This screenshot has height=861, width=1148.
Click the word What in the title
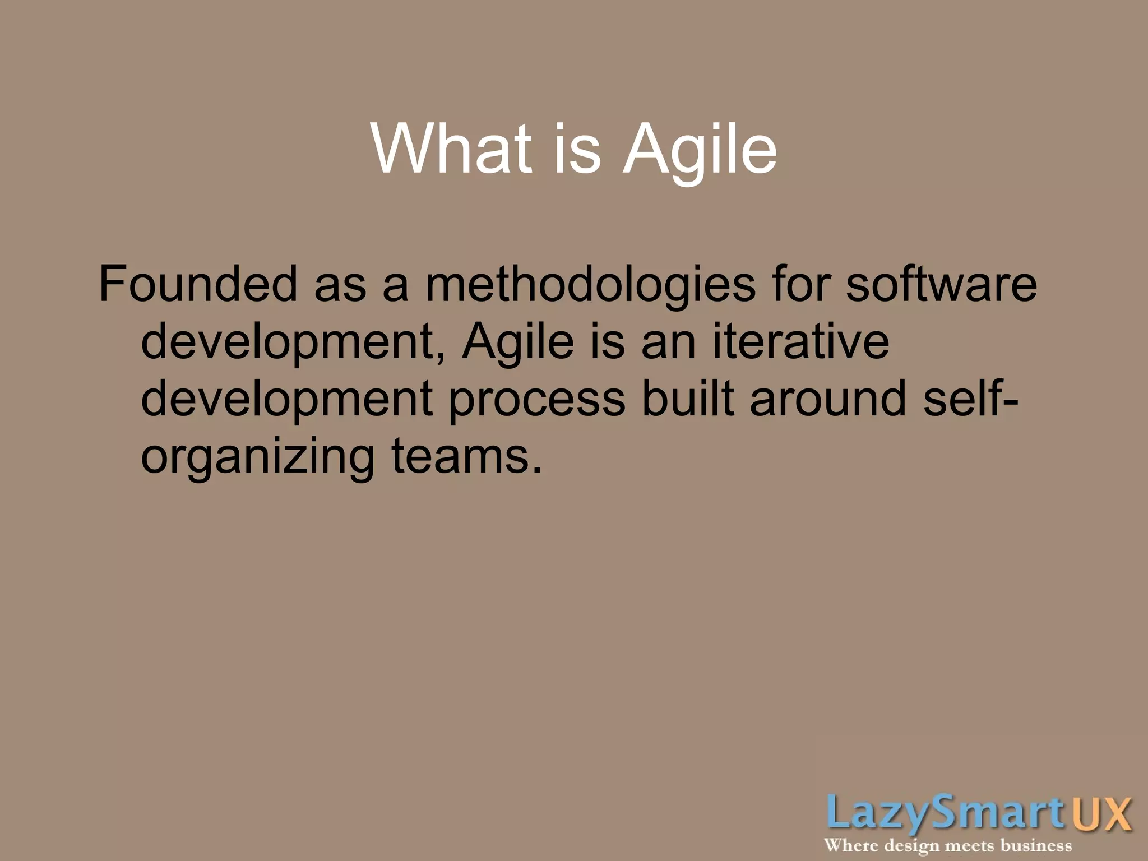coord(451,149)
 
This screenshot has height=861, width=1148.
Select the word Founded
coord(198,284)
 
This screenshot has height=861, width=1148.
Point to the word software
coord(941,284)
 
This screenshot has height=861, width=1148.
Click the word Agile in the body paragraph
coord(518,342)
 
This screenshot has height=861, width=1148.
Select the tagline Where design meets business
coord(947,845)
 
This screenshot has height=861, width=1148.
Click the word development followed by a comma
coord(288,342)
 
